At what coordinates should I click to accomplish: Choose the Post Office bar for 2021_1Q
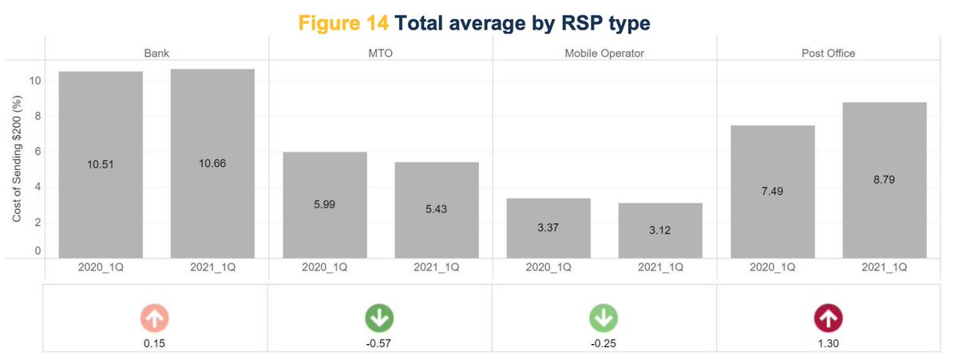click(x=885, y=180)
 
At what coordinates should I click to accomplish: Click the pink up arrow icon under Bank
click(x=155, y=318)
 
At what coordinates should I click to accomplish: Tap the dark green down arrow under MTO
click(x=379, y=318)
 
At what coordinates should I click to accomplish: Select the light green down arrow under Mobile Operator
click(x=604, y=318)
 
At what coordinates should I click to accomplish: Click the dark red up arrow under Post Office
click(x=828, y=318)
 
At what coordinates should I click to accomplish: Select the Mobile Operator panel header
click(x=604, y=53)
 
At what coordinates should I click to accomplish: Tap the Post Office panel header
click(x=828, y=53)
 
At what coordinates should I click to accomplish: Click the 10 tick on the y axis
click(x=33, y=81)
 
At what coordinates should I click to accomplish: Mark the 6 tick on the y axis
click(x=36, y=152)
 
